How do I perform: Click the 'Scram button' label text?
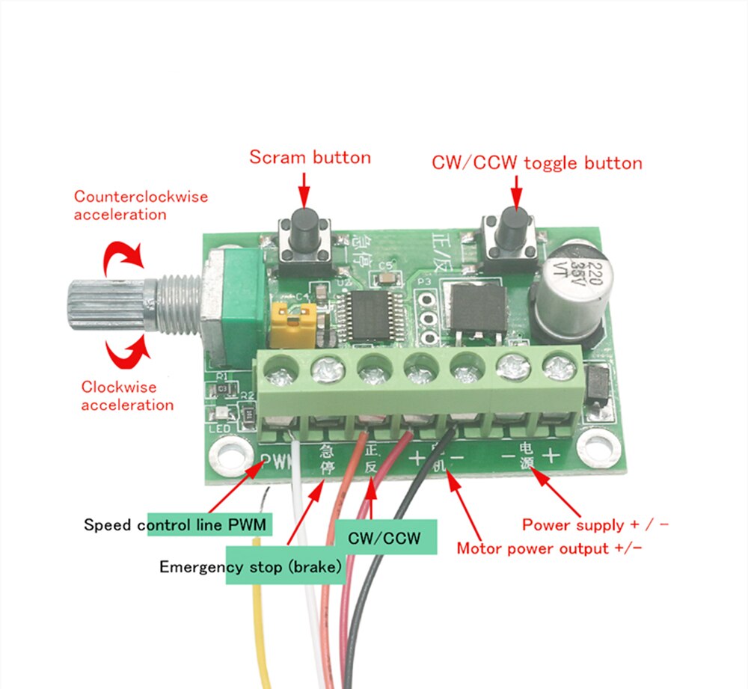pyautogui.click(x=310, y=157)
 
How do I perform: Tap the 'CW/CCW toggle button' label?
pyautogui.click(x=536, y=162)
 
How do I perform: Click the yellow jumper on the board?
pyautogui.click(x=288, y=325)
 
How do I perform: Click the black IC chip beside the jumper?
pyautogui.click(x=365, y=314)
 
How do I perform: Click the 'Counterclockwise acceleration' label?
pyautogui.click(x=141, y=206)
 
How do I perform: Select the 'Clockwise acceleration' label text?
pyautogui.click(x=127, y=396)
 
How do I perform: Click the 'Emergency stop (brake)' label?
pyautogui.click(x=251, y=567)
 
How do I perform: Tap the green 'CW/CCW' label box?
pyautogui.click(x=384, y=538)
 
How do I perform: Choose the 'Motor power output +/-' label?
pyautogui.click(x=549, y=548)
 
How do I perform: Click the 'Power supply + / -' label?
pyautogui.click(x=595, y=524)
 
